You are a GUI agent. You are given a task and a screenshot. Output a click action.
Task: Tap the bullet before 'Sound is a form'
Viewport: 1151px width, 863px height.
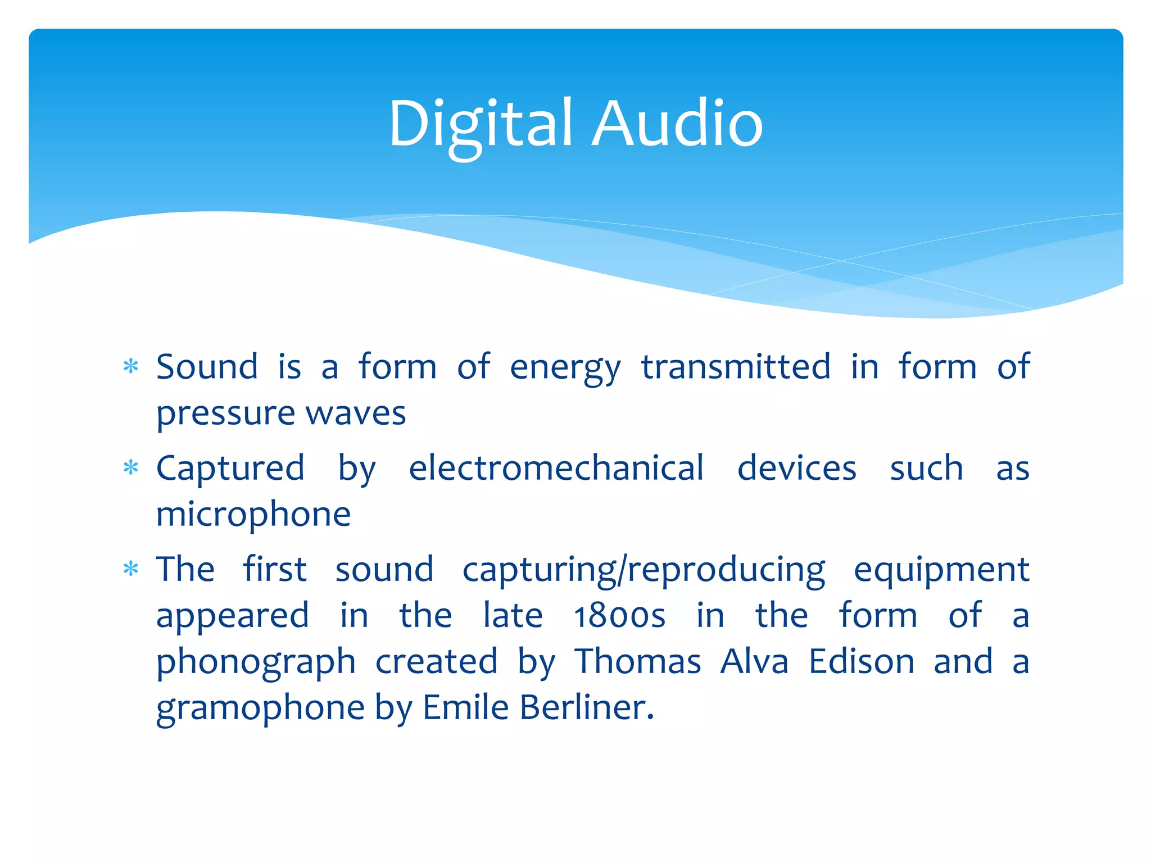point(131,367)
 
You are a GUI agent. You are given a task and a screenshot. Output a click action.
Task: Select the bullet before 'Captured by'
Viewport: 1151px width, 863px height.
point(131,467)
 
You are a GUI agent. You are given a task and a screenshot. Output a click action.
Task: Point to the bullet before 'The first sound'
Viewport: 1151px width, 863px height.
point(131,569)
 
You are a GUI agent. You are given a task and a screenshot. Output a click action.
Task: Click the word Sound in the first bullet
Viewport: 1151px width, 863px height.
point(207,367)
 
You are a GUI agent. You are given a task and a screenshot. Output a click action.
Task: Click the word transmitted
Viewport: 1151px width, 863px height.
point(736,367)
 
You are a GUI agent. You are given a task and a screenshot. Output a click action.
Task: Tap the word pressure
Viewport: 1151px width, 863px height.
point(225,415)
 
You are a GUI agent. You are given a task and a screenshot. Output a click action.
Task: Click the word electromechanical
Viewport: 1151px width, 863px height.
point(556,467)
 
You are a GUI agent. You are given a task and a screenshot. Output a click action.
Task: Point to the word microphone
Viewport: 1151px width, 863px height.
point(253,514)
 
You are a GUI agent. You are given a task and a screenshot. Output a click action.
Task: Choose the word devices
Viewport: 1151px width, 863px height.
point(796,467)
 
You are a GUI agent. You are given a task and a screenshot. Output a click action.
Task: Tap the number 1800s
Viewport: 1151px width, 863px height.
point(619,616)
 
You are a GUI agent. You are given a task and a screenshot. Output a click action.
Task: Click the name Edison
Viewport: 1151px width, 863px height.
point(862,661)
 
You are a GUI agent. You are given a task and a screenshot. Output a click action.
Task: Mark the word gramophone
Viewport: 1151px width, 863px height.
point(260,708)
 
